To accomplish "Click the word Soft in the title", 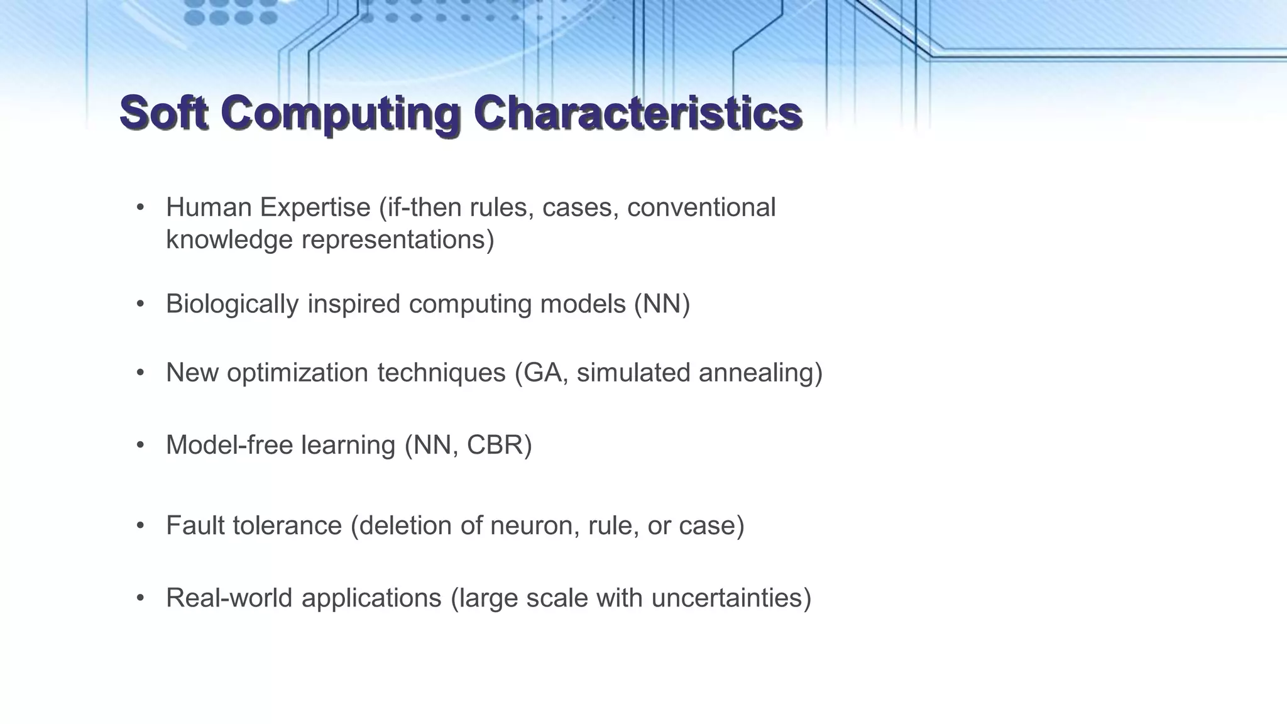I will [163, 113].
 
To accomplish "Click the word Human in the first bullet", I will [208, 207].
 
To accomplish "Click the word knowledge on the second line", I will [229, 240].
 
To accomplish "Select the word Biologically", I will [232, 305].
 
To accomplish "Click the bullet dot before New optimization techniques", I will [141, 373].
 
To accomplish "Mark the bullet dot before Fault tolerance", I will [141, 525].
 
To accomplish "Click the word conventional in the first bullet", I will [701, 207].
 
